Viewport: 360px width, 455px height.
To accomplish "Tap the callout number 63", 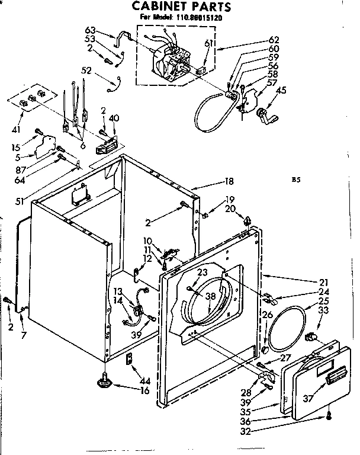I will (x=90, y=30).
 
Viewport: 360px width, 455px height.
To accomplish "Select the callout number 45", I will (x=281, y=90).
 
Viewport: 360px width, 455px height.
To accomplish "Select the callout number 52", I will (x=87, y=70).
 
